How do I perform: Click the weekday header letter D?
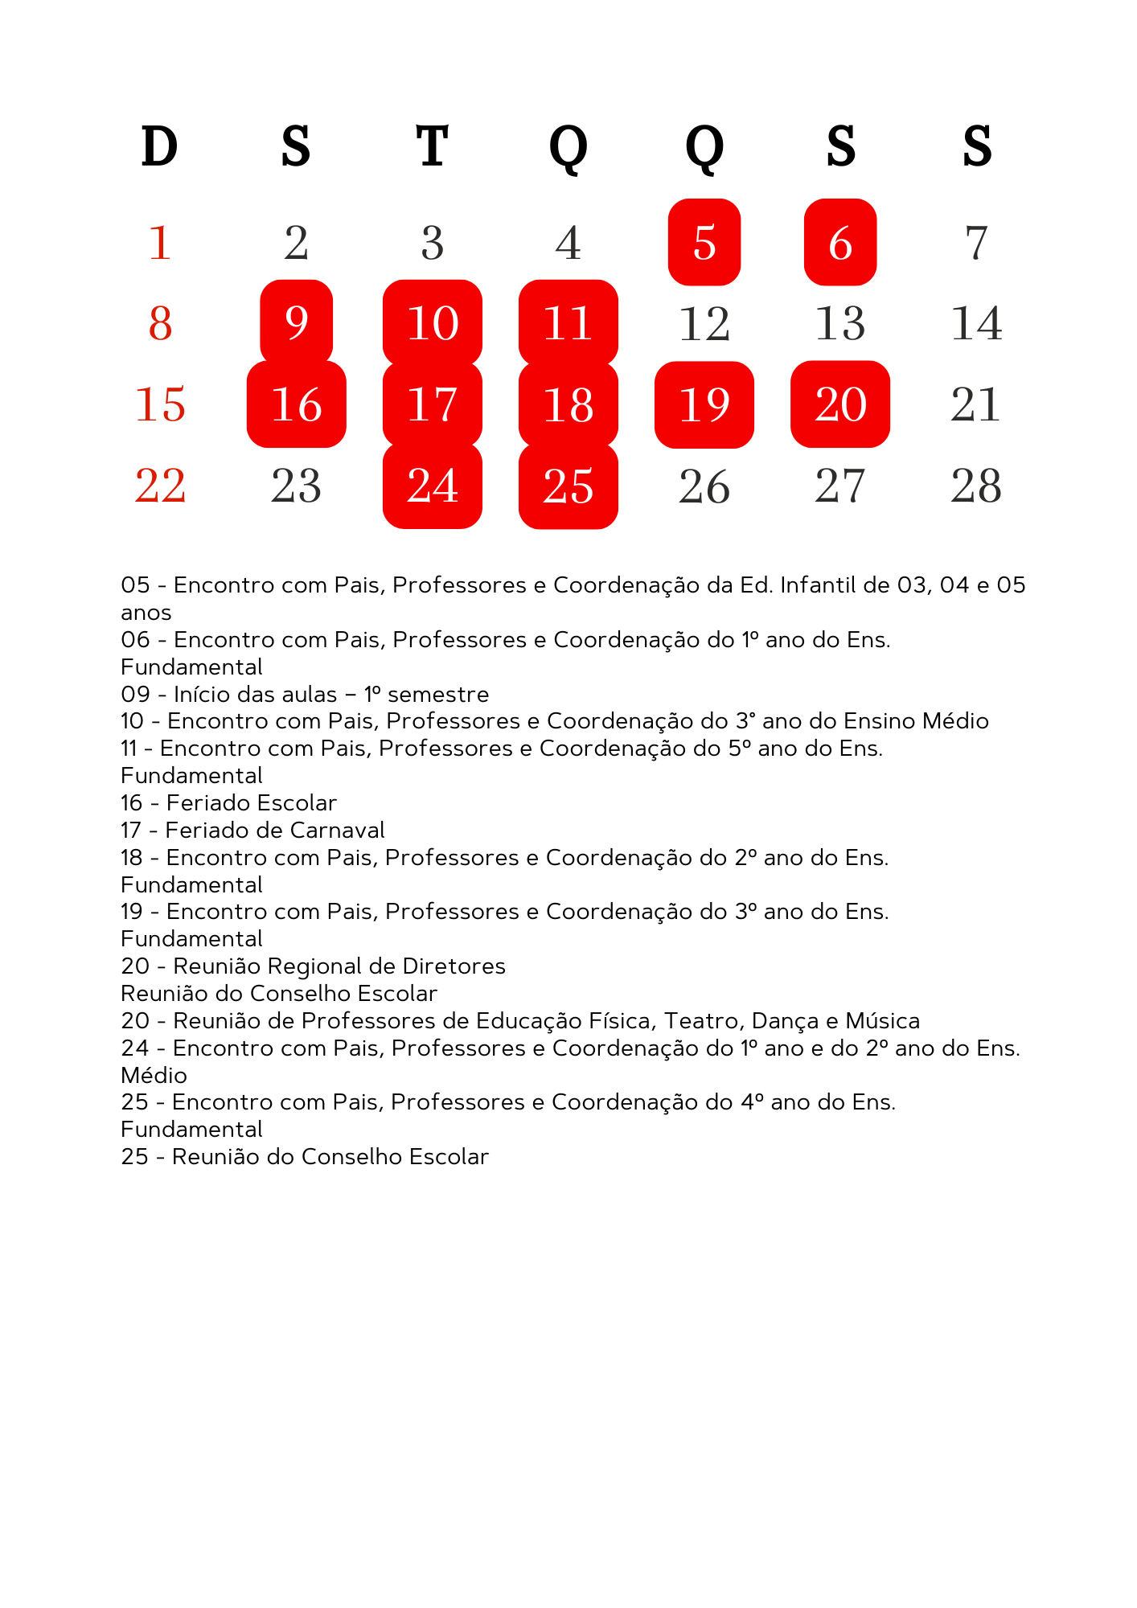159,147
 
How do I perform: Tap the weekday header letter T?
432,147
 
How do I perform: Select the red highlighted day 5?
704,242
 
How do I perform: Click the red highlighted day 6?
840,242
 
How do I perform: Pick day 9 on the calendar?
297,322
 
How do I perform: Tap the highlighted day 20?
840,404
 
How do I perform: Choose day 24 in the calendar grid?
433,486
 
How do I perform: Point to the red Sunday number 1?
160,242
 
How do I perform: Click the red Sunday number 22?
160,486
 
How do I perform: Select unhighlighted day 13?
840,323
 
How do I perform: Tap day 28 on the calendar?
976,486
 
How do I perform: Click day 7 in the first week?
976,242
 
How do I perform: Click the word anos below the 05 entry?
146,613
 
